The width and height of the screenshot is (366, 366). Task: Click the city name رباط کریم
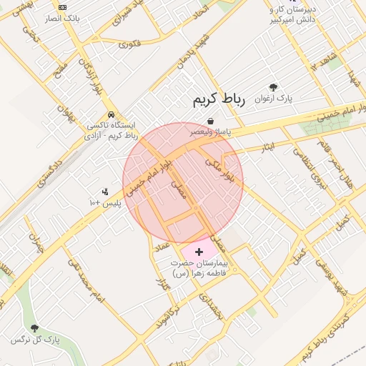coord(219,99)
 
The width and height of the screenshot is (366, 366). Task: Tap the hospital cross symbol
coord(199,252)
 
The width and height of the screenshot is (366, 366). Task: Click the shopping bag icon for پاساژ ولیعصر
coord(210,121)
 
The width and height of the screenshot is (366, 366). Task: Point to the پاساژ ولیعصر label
coord(210,132)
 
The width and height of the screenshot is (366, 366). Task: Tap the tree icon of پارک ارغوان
coord(274,87)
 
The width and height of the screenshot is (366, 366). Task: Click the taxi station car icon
coord(111,114)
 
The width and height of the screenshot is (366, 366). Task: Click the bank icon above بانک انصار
coord(62,6)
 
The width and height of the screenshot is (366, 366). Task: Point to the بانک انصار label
coord(62,18)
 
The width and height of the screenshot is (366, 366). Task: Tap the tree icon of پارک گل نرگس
coord(34,329)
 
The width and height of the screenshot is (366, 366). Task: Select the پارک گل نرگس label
coord(34,340)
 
